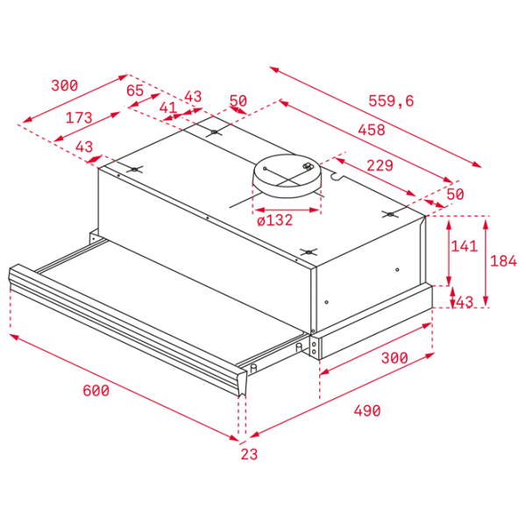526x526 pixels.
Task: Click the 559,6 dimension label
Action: (x=391, y=101)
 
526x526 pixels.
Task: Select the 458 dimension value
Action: (x=372, y=130)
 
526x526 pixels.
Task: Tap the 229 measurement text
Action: (x=380, y=166)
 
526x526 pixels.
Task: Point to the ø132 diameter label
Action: (x=274, y=220)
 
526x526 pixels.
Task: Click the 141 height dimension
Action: (x=465, y=245)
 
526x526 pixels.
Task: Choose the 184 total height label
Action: (x=503, y=260)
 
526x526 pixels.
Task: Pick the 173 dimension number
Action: (x=79, y=117)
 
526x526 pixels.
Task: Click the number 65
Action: (x=135, y=90)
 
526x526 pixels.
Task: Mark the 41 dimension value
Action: (x=167, y=108)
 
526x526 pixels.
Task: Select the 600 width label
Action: (x=96, y=390)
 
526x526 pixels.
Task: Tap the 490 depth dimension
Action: (x=367, y=410)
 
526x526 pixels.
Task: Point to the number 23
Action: (x=249, y=454)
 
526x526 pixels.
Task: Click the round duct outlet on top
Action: (x=287, y=176)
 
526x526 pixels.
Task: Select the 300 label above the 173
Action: (x=64, y=85)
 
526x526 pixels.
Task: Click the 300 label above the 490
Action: (x=394, y=358)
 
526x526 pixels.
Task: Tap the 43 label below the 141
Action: (x=465, y=302)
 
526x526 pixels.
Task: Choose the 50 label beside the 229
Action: (x=455, y=194)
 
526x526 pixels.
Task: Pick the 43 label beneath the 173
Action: (x=84, y=146)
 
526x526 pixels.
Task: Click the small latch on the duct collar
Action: (x=308, y=167)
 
